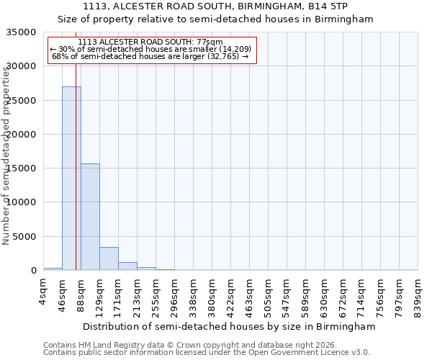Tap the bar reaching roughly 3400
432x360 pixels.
109,258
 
